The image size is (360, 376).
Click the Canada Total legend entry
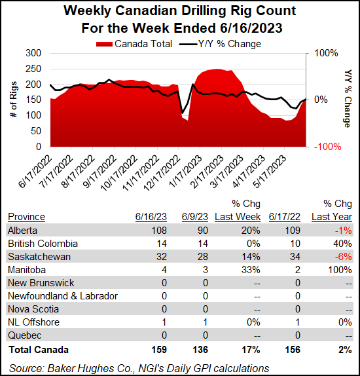tap(135, 44)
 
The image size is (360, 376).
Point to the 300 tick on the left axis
tap(33, 53)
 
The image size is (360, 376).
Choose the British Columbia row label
tap(43, 244)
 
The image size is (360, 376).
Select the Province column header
tap(26, 217)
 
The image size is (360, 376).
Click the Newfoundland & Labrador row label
tap(63, 296)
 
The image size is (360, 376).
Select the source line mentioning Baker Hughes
tap(138, 367)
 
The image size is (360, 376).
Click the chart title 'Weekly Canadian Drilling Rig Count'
tap(180, 12)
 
